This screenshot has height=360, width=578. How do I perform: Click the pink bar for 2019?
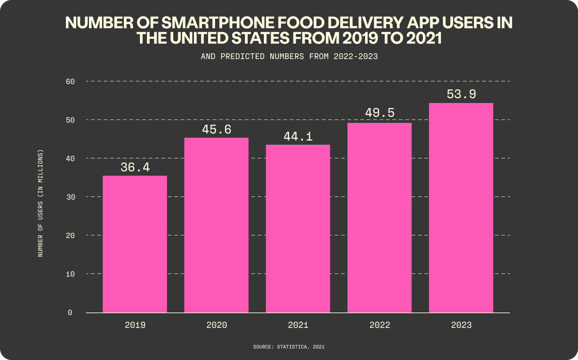tap(135, 244)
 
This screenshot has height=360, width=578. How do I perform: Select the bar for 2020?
tap(216, 225)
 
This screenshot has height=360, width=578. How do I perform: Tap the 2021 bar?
tap(298, 228)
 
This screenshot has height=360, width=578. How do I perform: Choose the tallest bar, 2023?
tap(461, 208)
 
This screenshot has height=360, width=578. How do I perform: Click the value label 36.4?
tap(135, 167)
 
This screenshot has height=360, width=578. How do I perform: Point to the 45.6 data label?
tap(217, 130)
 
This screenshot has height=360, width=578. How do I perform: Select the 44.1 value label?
tap(298, 137)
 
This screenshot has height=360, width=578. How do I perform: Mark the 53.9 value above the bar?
tap(461, 94)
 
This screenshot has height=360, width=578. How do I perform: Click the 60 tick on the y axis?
tap(70, 81)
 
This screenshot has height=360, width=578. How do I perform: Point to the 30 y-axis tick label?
tap(70, 197)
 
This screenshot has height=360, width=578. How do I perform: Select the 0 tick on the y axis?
tap(70, 313)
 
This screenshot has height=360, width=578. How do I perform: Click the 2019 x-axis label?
tap(135, 325)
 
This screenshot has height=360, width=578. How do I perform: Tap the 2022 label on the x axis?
tap(380, 325)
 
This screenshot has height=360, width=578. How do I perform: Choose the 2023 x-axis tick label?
tap(461, 325)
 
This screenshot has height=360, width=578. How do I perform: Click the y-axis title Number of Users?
tap(40, 203)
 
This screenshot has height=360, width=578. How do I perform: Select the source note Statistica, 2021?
tap(289, 347)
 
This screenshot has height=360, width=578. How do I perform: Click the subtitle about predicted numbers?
tap(289, 56)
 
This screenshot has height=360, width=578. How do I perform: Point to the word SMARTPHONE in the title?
tap(219, 23)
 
